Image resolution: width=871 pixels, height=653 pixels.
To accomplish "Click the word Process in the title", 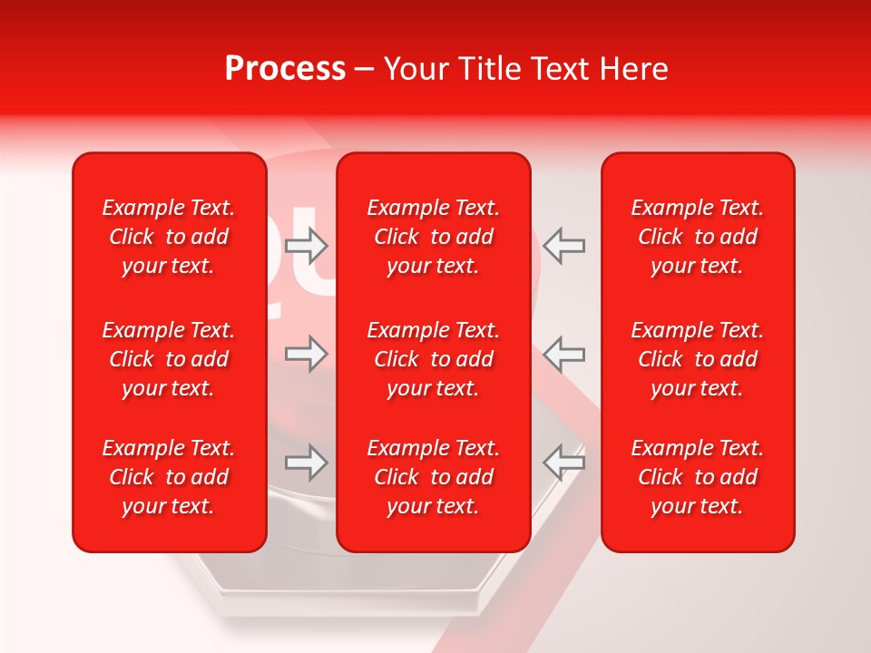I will click(285, 69).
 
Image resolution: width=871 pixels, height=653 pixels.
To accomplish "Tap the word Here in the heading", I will click(634, 69).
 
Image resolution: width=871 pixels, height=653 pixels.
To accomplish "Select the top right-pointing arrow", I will click(307, 245).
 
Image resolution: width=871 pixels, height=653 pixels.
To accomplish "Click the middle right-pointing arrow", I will click(307, 353).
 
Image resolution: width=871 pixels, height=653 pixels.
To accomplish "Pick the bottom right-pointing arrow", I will click(307, 463).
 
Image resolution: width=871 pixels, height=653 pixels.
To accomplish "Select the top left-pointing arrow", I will click(563, 245).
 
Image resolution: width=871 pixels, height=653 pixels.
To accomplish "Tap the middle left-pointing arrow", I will click(563, 353).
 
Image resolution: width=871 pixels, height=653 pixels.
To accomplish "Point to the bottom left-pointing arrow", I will click(563, 463).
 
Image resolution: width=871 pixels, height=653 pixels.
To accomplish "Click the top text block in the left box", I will click(169, 237).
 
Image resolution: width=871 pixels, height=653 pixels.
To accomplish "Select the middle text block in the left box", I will click(169, 359).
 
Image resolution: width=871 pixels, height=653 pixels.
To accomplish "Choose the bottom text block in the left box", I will click(169, 477).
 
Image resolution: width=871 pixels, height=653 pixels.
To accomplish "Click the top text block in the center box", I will click(434, 237).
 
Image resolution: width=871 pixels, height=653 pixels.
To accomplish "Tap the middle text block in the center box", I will click(434, 359).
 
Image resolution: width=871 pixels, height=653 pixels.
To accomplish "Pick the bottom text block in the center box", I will click(434, 477).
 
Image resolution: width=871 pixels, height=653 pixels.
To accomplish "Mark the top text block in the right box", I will click(698, 237).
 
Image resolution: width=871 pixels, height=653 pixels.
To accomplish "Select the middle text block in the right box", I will click(698, 359).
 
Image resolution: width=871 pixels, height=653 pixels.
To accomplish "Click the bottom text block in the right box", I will click(698, 477).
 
